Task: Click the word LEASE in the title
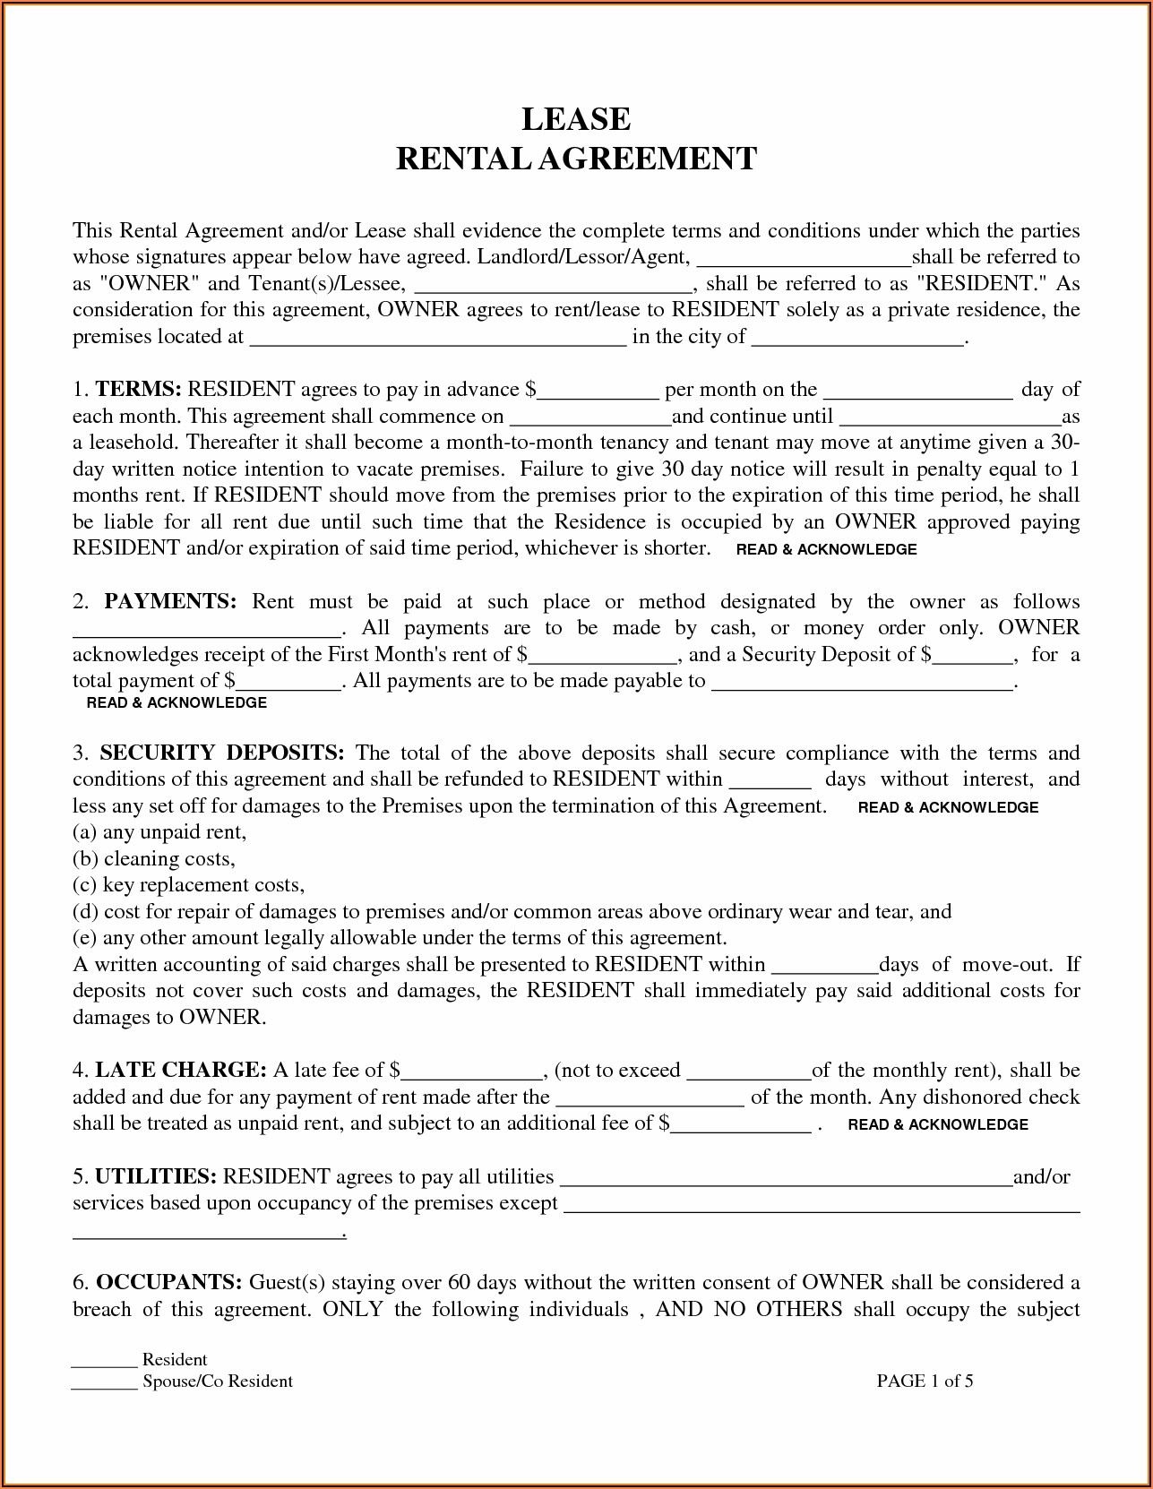click(x=576, y=118)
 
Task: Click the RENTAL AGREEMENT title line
click(x=576, y=159)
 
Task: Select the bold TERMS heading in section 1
click(x=139, y=390)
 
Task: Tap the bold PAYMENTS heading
click(x=170, y=602)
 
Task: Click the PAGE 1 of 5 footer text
click(x=925, y=1381)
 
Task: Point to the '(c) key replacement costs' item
click(x=189, y=885)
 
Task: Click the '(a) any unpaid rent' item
click(x=159, y=832)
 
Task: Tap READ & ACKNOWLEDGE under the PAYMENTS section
click(x=176, y=703)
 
